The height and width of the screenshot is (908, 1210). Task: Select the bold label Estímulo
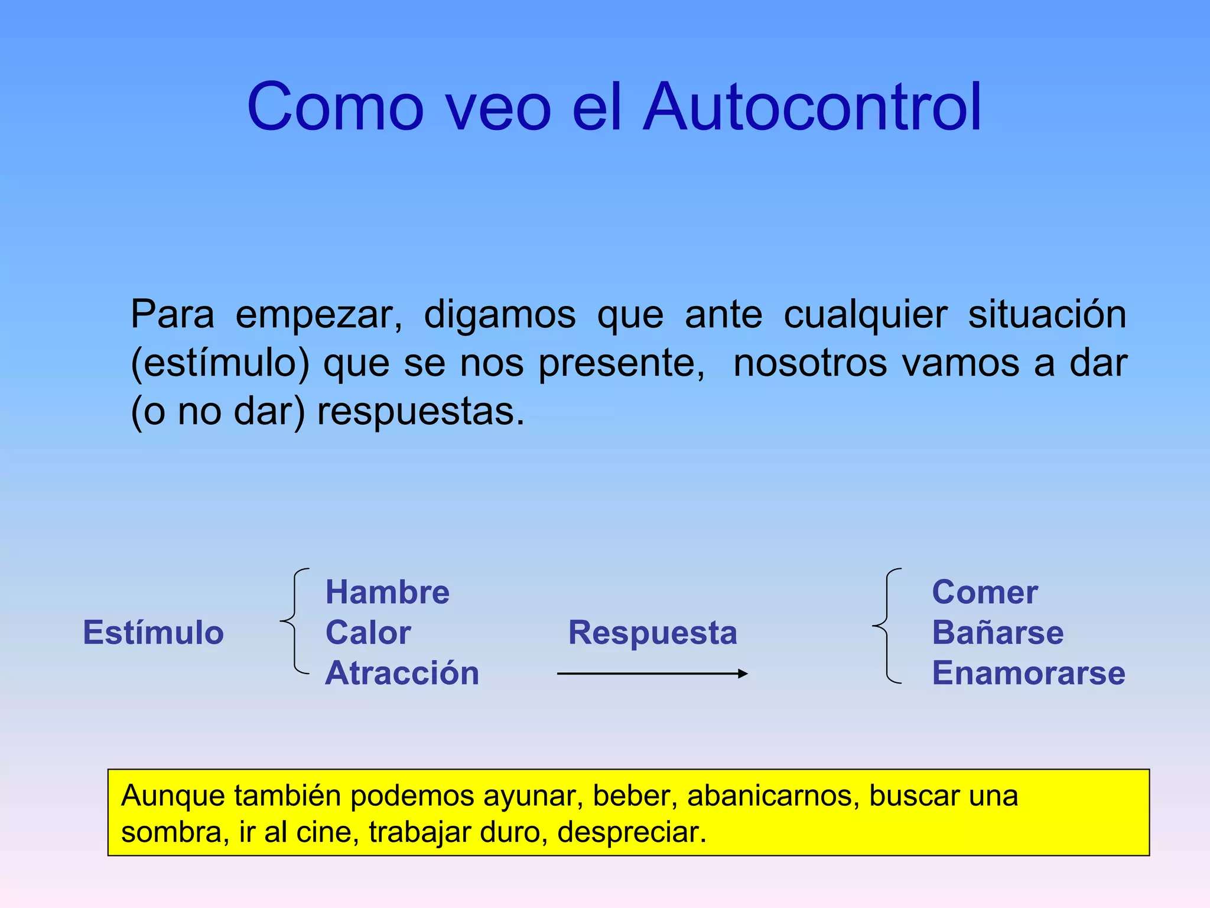154,633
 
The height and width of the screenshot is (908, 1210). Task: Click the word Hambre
388,592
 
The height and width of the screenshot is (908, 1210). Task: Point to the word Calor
368,633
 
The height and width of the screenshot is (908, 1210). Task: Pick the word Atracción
402,673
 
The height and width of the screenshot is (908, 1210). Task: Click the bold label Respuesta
653,633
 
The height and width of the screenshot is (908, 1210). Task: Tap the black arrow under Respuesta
652,673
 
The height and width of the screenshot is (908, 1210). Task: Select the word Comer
985,592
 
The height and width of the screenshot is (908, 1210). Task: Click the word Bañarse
998,633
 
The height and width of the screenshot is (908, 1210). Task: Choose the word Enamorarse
1029,673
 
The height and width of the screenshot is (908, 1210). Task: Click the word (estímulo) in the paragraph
220,363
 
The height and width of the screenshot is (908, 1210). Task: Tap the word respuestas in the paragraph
421,412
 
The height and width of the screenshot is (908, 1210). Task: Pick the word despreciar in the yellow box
632,832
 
